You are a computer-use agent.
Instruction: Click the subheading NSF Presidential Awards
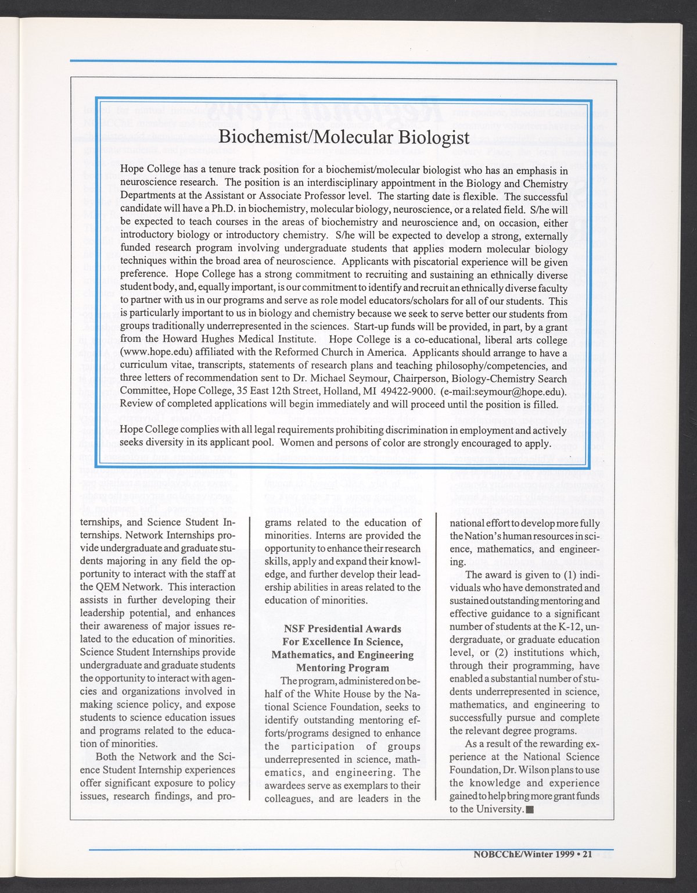343,629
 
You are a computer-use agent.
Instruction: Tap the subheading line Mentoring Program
343,668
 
